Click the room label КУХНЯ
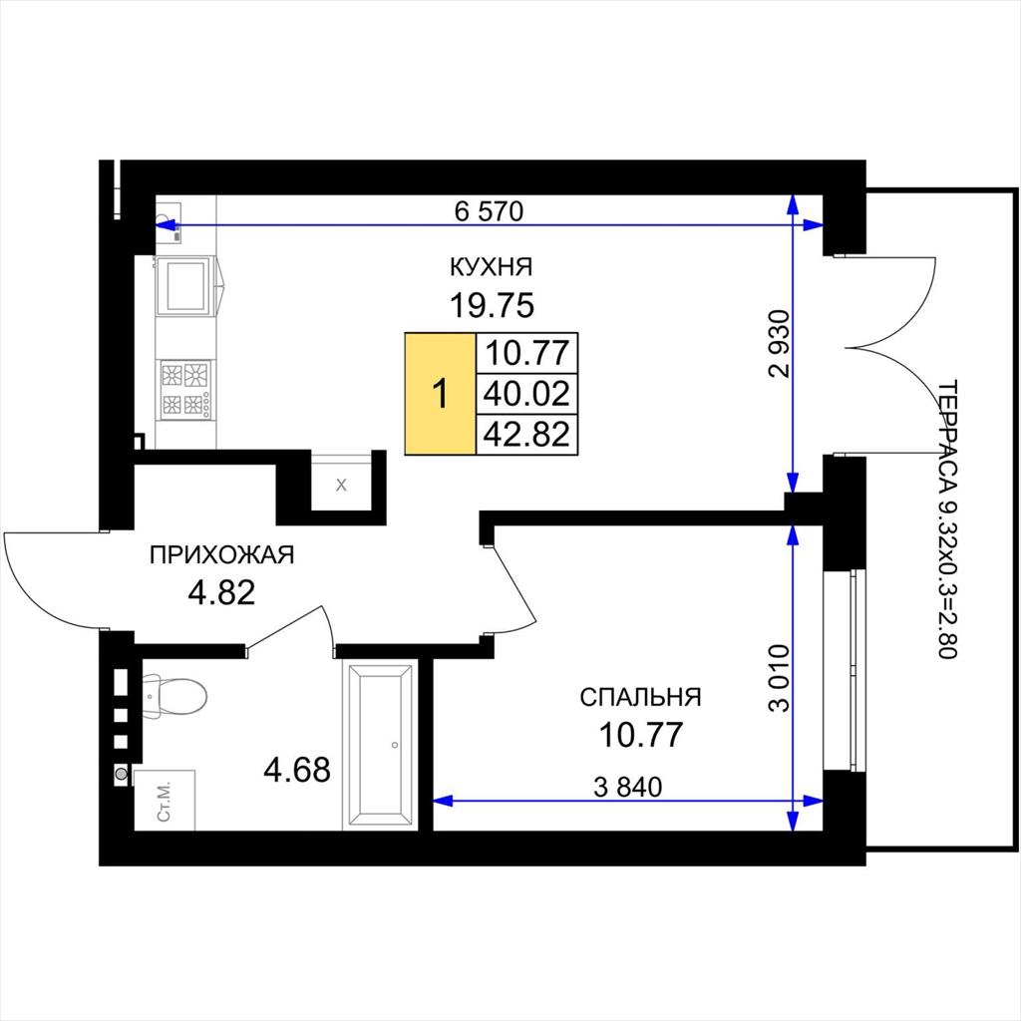tap(491, 267)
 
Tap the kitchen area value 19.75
tap(492, 305)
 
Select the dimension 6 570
tap(489, 211)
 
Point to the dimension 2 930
tap(779, 344)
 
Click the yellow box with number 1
tap(440, 394)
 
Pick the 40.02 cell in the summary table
tap(526, 393)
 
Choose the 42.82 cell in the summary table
tap(526, 435)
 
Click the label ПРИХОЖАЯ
tap(222, 554)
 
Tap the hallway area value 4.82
tap(221, 592)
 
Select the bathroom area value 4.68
tap(297, 770)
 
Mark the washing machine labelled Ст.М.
tap(165, 801)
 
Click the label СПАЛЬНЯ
tap(641, 697)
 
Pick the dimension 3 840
tap(628, 788)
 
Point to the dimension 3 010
tap(779, 678)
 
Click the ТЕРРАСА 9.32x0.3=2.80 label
tap(947, 518)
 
